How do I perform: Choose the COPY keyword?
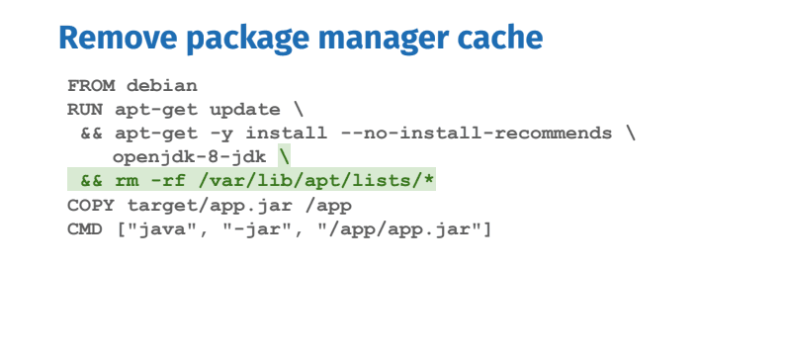point(90,206)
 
